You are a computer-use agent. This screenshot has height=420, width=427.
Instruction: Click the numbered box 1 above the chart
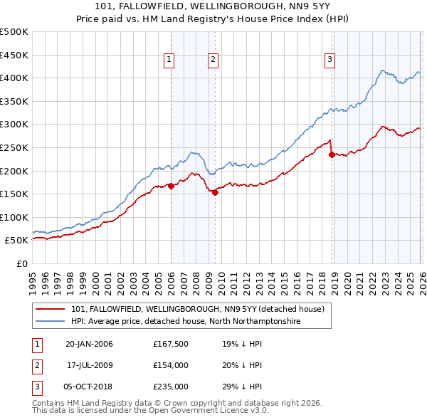pos(169,61)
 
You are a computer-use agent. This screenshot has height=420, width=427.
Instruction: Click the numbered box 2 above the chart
pos(213,61)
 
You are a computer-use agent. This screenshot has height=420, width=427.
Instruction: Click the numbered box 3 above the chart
pos(330,61)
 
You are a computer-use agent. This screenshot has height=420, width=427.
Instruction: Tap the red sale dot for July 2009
pos(214,192)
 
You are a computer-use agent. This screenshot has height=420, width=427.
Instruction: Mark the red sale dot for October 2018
pos(332,154)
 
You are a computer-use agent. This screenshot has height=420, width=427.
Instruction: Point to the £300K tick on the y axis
pos(14,125)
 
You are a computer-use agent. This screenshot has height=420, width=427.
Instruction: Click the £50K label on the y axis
pos(16,241)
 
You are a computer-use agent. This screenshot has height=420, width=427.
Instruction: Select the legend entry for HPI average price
pos(186,322)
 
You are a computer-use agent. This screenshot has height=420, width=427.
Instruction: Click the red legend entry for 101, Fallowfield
pos(197,309)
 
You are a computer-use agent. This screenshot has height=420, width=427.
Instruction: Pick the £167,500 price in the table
pos(170,344)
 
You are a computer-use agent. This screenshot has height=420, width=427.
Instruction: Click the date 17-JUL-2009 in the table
pos(90,365)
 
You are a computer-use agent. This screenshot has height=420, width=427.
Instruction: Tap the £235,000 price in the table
pos(170,387)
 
